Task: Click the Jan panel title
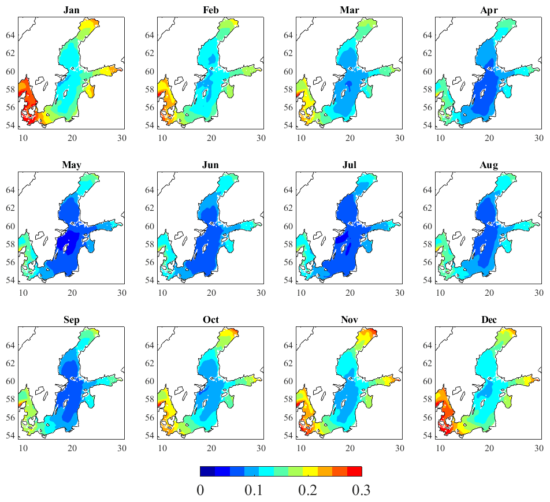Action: [x=71, y=10]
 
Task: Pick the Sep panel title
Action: [x=71, y=320]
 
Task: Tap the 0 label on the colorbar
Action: [x=200, y=490]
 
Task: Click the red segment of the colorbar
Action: [x=354, y=471]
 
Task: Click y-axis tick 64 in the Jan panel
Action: [x=10, y=35]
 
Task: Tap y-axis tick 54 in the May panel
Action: [x=10, y=280]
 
